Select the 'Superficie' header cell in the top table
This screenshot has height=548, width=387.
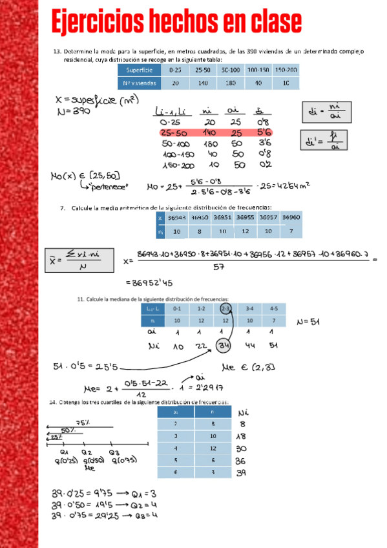(140, 70)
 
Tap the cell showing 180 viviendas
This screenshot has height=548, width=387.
(231, 83)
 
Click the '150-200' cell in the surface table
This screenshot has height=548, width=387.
(286, 70)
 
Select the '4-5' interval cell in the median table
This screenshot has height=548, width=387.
(274, 308)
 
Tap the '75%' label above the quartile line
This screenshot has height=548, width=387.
(83, 423)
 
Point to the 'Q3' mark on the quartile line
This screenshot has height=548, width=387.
(114, 452)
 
